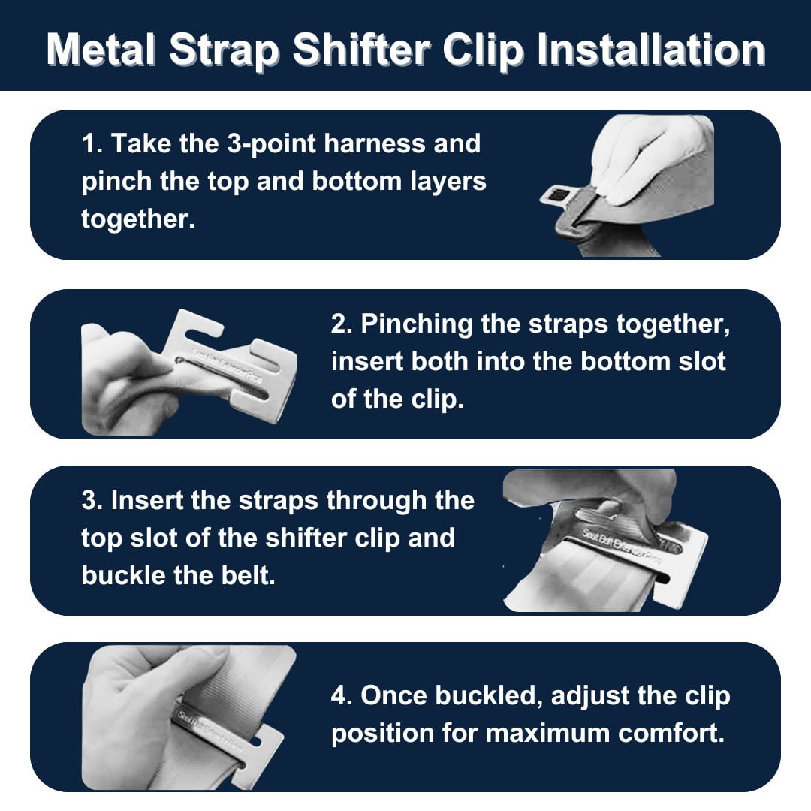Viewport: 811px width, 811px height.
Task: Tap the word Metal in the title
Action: point(101,50)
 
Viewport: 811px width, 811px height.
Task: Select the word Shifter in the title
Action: point(360,50)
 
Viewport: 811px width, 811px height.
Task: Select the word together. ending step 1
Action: point(138,219)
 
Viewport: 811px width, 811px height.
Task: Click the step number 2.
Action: point(340,324)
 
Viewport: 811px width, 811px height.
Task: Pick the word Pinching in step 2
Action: point(417,324)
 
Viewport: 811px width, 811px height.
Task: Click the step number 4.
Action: point(340,695)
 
